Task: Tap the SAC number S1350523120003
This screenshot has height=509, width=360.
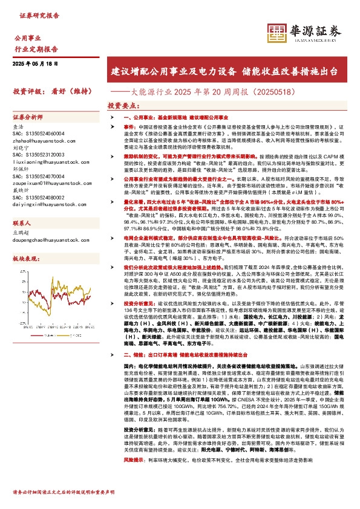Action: click(x=38, y=154)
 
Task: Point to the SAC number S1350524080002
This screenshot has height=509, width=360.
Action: click(x=38, y=197)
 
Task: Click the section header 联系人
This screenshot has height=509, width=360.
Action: click(x=22, y=222)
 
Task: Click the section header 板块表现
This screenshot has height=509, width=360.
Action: click(x=25, y=258)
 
